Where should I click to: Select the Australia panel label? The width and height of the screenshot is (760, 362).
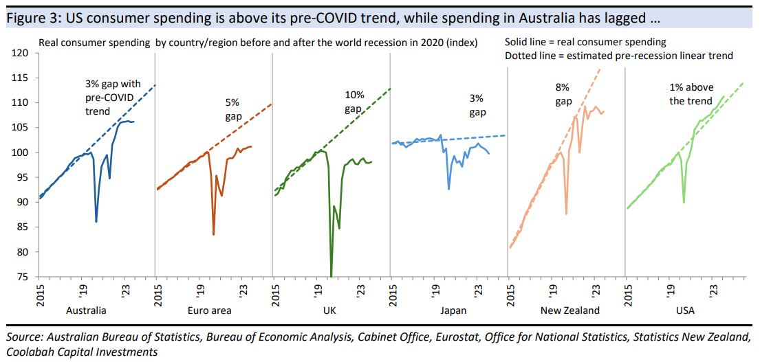tap(86, 310)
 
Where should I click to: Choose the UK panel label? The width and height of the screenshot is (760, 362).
tap(329, 310)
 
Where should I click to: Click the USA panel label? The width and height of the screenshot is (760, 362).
tap(685, 310)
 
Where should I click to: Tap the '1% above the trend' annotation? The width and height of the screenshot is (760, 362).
tap(691, 94)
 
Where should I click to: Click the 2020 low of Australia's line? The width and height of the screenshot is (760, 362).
tap(96, 221)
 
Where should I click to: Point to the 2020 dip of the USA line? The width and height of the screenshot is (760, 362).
tap(684, 202)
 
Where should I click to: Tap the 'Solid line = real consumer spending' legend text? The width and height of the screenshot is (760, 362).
tap(585, 43)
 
